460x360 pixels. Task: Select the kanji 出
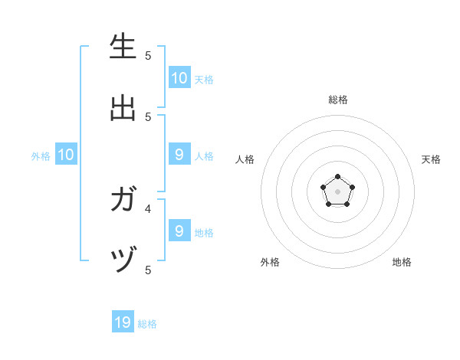tap(123, 107)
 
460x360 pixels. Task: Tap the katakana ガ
tap(123, 201)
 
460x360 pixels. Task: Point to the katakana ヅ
tap(123, 262)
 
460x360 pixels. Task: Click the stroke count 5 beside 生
tap(148, 55)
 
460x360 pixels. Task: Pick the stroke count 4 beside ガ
tap(148, 208)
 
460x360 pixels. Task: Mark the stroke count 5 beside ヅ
tap(148, 270)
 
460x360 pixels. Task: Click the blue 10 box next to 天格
tap(179, 77)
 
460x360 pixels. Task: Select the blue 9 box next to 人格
tap(179, 155)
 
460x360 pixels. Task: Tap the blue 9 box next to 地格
tap(179, 231)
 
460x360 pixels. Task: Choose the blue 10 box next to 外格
tap(66, 155)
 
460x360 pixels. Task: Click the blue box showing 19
tap(123, 322)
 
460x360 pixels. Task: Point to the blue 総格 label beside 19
tap(148, 324)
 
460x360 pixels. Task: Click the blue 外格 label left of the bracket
tap(41, 156)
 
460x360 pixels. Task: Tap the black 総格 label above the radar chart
tap(338, 100)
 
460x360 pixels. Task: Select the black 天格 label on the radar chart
tap(431, 159)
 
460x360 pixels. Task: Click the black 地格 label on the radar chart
tap(402, 262)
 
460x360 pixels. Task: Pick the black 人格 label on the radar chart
tap(245, 159)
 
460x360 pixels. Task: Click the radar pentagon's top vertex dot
tap(338, 177)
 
